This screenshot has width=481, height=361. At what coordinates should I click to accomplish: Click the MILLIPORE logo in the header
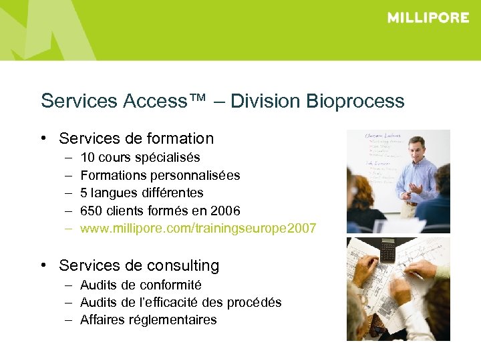coord(428,18)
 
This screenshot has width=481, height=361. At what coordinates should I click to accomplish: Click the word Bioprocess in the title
coord(355,102)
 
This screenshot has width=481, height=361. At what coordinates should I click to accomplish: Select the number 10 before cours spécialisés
coord(87,157)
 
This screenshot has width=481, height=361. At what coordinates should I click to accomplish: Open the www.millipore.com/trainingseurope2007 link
coord(198,229)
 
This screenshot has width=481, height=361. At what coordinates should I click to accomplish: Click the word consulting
coord(182,265)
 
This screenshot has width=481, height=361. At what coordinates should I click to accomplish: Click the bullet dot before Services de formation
coord(42,138)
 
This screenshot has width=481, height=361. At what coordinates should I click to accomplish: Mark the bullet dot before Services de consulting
coord(42,265)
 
